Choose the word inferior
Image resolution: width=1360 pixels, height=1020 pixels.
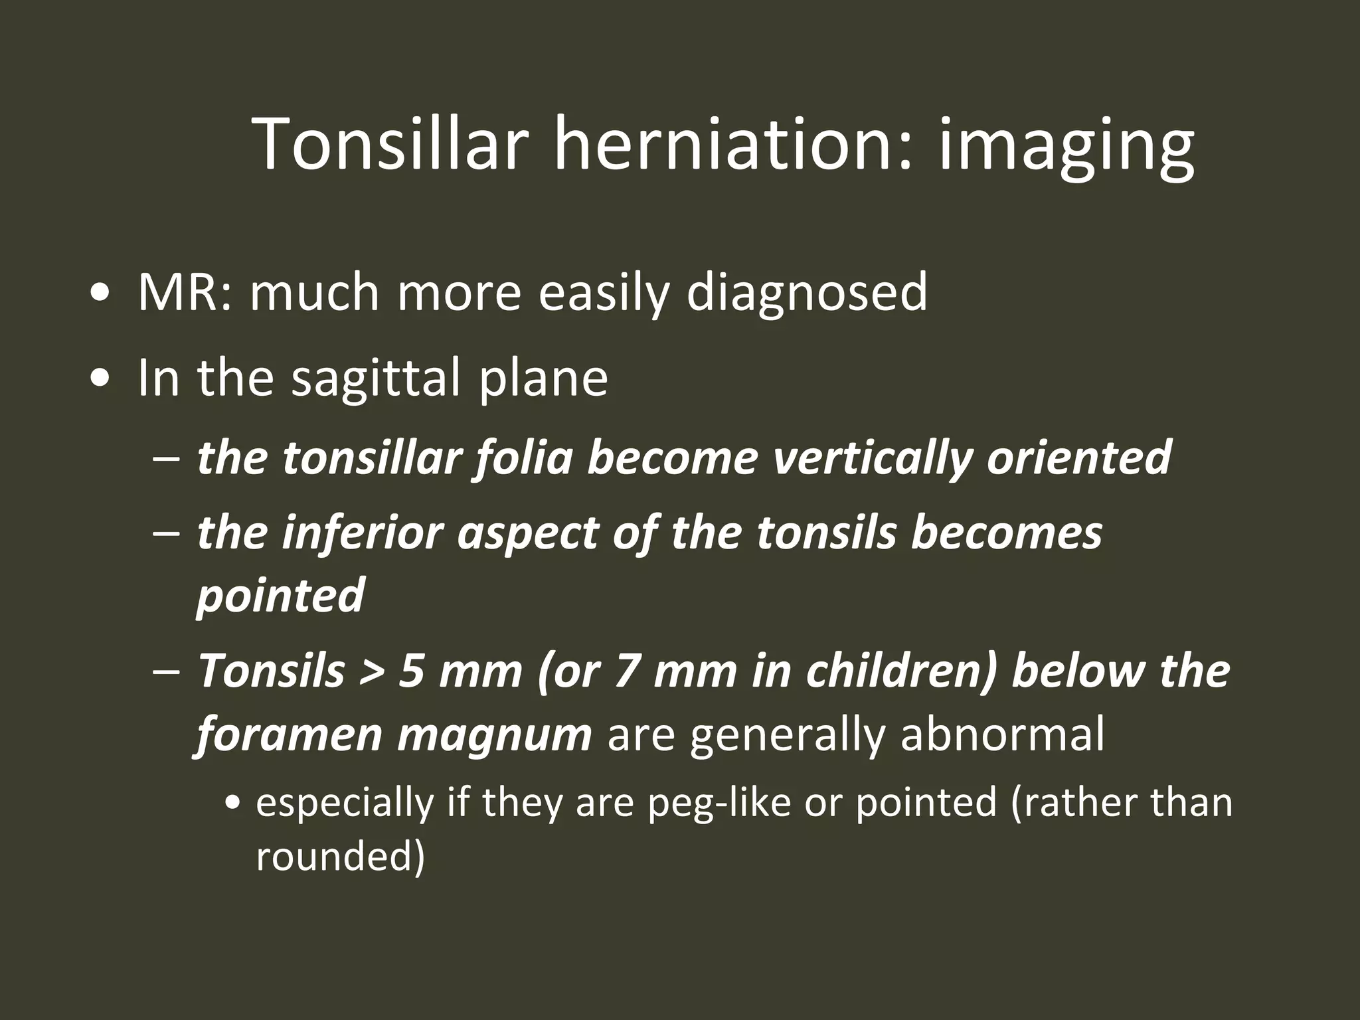362,533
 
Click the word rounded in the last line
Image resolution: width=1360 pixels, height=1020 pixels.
339,857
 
